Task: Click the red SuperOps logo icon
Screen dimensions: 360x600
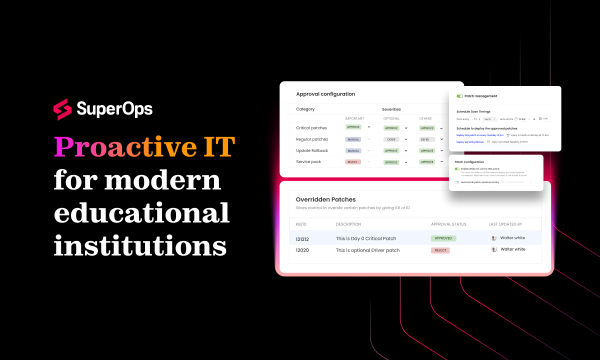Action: pyautogui.click(x=62, y=109)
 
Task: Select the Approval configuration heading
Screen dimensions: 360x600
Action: pyautogui.click(x=325, y=94)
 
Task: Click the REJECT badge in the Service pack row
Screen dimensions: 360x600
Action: pyautogui.click(x=353, y=162)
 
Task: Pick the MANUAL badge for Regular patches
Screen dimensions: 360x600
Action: pyautogui.click(x=353, y=139)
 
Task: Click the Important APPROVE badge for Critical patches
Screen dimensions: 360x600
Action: pyautogui.click(x=353, y=127)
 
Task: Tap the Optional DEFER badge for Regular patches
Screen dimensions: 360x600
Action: pyautogui.click(x=391, y=139)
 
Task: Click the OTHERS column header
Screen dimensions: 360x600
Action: pyautogui.click(x=425, y=118)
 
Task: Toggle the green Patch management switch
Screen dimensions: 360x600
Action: pyautogui.click(x=459, y=96)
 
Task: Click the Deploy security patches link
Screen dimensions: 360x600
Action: pyautogui.click(x=470, y=142)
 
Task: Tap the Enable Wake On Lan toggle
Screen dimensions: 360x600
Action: pyautogui.click(x=457, y=169)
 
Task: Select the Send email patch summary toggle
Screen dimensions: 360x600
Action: pyautogui.click(x=457, y=182)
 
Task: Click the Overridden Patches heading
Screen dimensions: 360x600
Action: pyautogui.click(x=325, y=199)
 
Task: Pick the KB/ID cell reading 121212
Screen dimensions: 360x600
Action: pyautogui.click(x=302, y=239)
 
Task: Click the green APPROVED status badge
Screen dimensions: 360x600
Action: pyautogui.click(x=443, y=238)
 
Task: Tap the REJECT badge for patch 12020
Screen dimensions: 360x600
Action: pyautogui.click(x=440, y=250)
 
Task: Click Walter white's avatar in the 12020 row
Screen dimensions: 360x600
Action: pyautogui.click(x=494, y=249)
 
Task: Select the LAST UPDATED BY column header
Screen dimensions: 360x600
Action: pyautogui.click(x=505, y=224)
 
